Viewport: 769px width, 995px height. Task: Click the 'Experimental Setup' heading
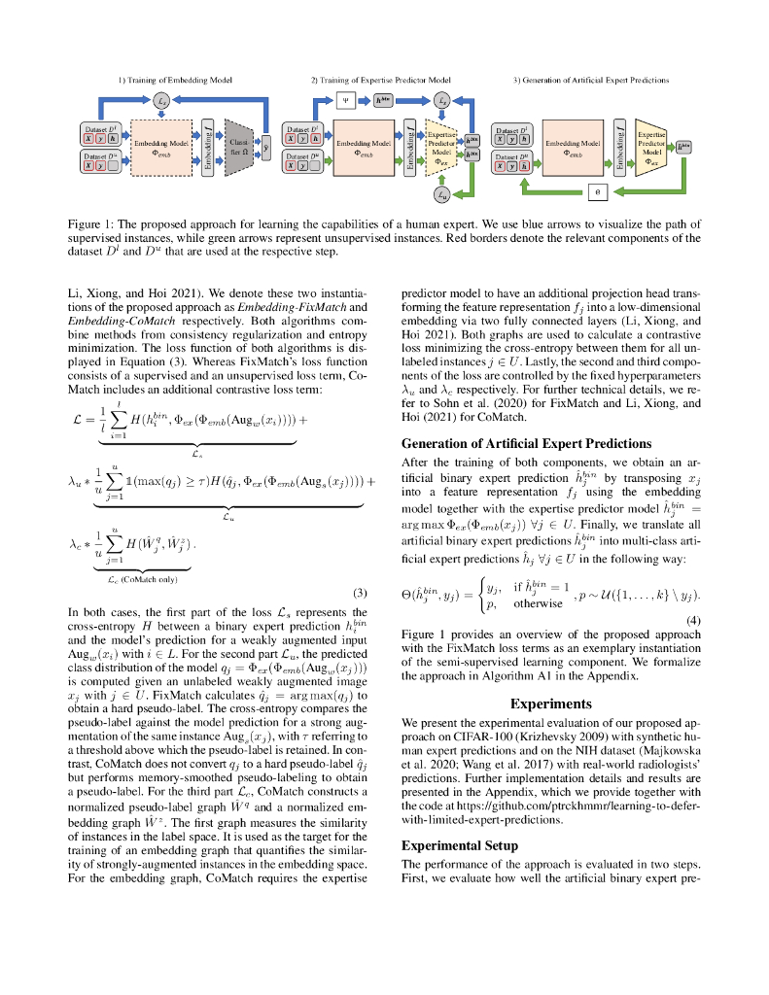point(459,845)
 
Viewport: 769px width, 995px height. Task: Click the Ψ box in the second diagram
point(345,99)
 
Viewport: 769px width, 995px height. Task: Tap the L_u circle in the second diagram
point(443,196)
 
